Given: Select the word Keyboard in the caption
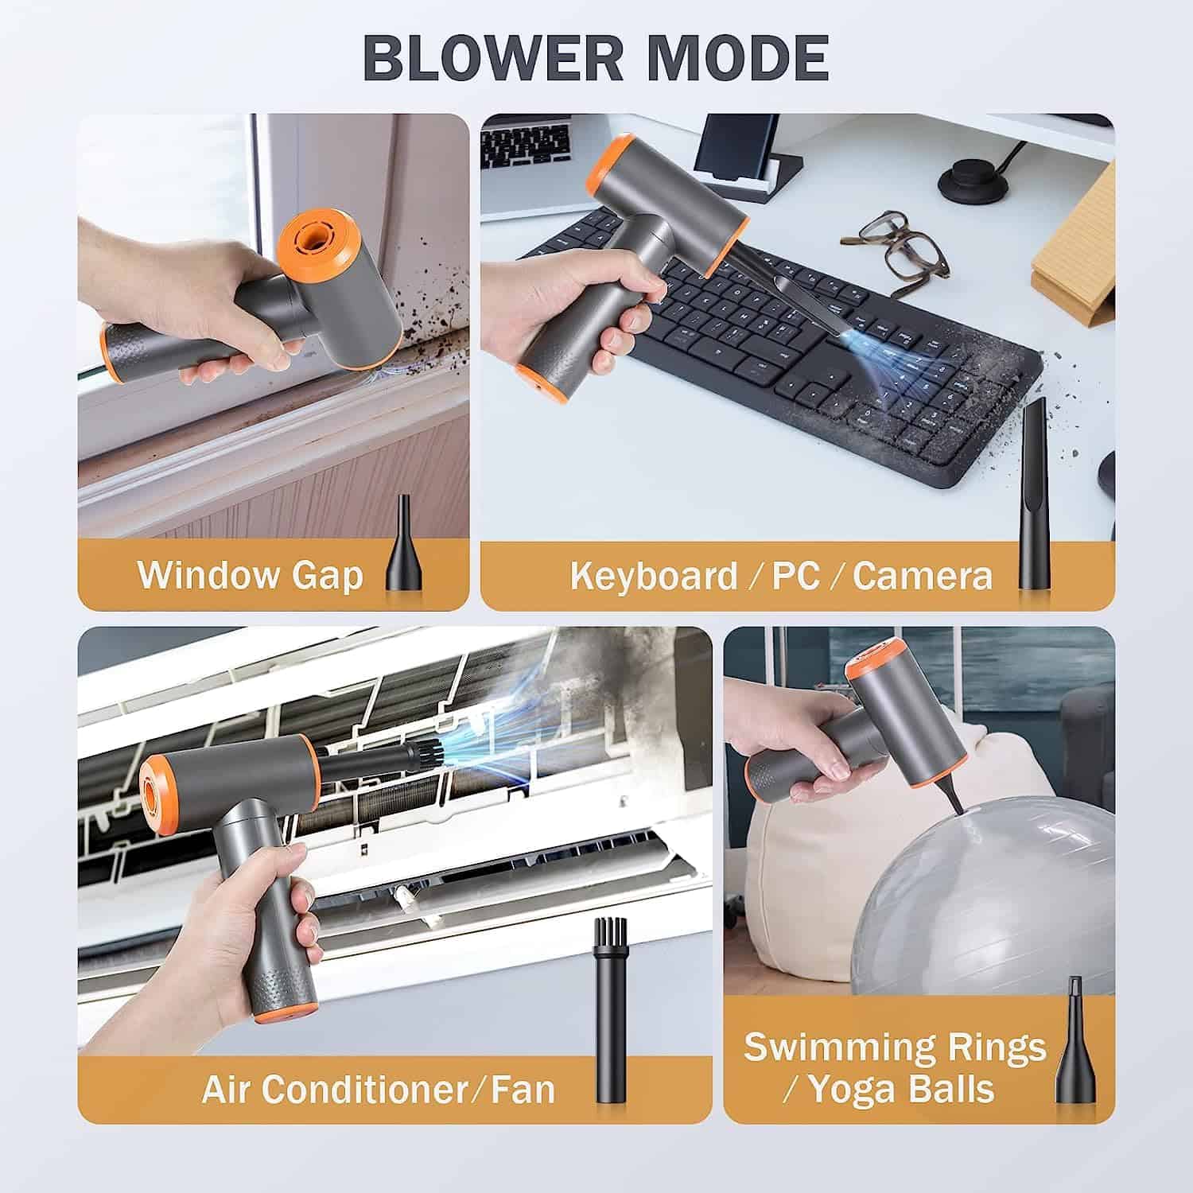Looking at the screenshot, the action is click(x=654, y=575).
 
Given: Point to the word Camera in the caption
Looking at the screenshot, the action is click(x=923, y=575).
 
